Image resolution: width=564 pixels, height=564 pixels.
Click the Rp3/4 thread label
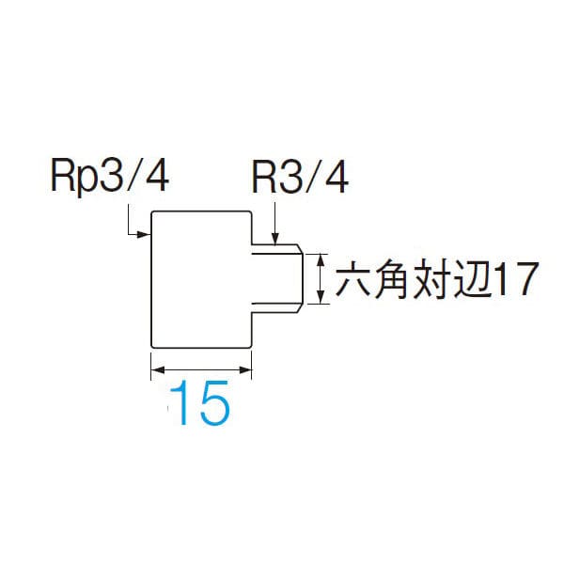point(106,176)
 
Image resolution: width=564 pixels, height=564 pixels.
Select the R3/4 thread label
point(299,176)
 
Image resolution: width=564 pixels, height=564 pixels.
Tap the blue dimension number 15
point(200,404)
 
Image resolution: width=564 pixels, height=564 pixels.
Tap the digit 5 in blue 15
point(212,404)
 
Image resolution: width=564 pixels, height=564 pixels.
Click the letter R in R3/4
point(264,176)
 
